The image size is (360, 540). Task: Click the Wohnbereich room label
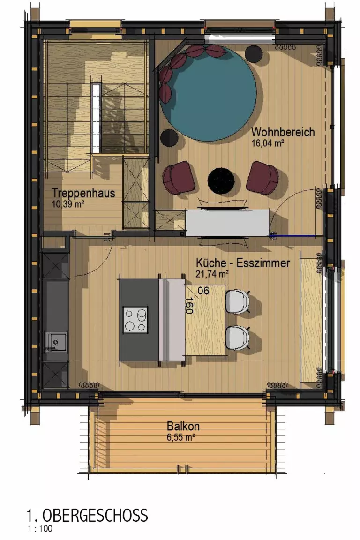click(283, 132)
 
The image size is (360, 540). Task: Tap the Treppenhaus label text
click(83, 193)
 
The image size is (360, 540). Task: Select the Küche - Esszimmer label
click(243, 263)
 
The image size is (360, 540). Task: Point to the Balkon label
click(183, 426)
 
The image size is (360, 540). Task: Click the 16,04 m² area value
click(268, 143)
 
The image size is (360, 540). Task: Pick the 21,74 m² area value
click(212, 274)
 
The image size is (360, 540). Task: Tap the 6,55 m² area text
click(181, 437)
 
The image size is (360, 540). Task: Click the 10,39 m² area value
click(68, 204)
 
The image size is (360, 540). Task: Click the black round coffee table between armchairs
click(221, 180)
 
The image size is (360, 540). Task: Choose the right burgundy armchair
click(263, 178)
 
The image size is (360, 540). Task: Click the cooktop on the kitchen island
click(136, 320)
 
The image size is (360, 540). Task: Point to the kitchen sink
click(56, 342)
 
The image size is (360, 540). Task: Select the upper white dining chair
click(237, 302)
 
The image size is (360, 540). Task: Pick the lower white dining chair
click(237, 338)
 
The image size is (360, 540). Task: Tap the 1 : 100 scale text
click(40, 529)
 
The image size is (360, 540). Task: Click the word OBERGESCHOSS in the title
click(95, 516)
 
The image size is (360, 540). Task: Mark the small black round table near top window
click(254, 54)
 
